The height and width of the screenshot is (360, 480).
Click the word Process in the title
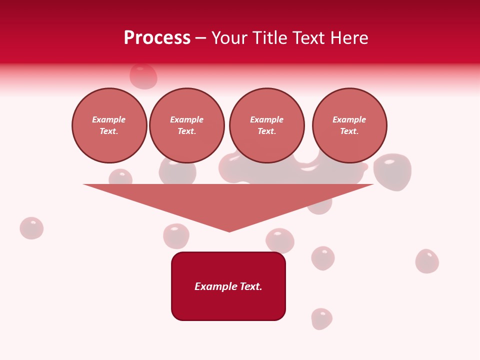pos(157,38)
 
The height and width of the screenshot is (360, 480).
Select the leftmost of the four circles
pos(109,125)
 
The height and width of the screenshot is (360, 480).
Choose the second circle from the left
pos(186,125)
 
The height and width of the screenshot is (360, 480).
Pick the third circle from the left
pos(266,125)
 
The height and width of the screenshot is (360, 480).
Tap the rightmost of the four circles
pos(349,125)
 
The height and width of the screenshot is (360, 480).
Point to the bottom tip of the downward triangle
pos(229,230)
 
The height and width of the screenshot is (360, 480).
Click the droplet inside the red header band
pos(143,76)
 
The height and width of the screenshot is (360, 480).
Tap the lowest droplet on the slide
pos(321,318)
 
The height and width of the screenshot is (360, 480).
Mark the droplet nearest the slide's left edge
pos(31,228)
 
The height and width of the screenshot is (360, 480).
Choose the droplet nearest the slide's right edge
pos(427,261)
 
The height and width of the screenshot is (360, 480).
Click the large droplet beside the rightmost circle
pos(392,171)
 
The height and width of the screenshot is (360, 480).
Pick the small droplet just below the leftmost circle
pos(120,177)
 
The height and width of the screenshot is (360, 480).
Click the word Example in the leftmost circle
pos(108,119)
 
